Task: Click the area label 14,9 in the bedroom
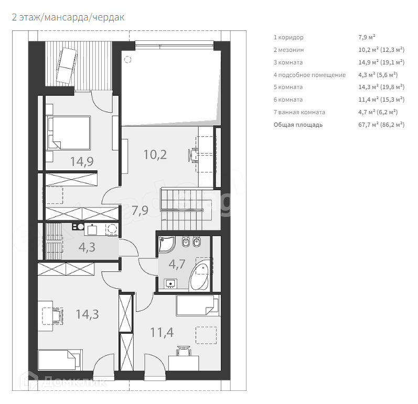click(x=82, y=161)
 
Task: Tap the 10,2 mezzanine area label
click(x=155, y=155)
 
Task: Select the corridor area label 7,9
click(x=141, y=211)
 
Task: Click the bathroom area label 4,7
click(x=177, y=264)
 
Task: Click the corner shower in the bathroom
click(x=167, y=245)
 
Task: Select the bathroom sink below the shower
click(x=169, y=283)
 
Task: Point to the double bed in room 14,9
click(x=68, y=133)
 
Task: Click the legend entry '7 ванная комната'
click(x=299, y=112)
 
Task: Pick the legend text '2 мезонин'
click(x=288, y=50)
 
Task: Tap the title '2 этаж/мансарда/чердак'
click(x=68, y=17)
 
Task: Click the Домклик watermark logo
click(x=68, y=380)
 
